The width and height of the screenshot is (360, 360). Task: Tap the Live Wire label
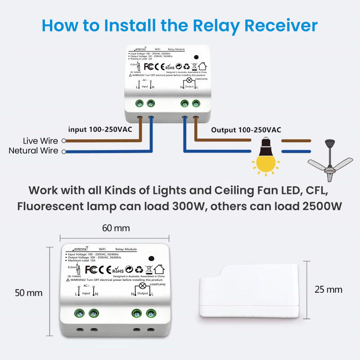pyautogui.click(x=40, y=141)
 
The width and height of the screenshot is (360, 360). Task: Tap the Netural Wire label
pyautogui.click(x=33, y=151)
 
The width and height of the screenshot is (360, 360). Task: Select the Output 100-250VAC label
pyautogui.click(x=246, y=130)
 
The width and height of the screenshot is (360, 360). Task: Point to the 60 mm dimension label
pyautogui.click(x=116, y=228)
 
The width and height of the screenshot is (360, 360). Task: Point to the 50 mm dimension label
pyautogui.click(x=29, y=293)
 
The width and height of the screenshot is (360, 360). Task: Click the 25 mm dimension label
pyautogui.click(x=328, y=289)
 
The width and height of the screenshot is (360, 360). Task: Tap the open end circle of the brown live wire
pyautogui.click(x=64, y=141)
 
